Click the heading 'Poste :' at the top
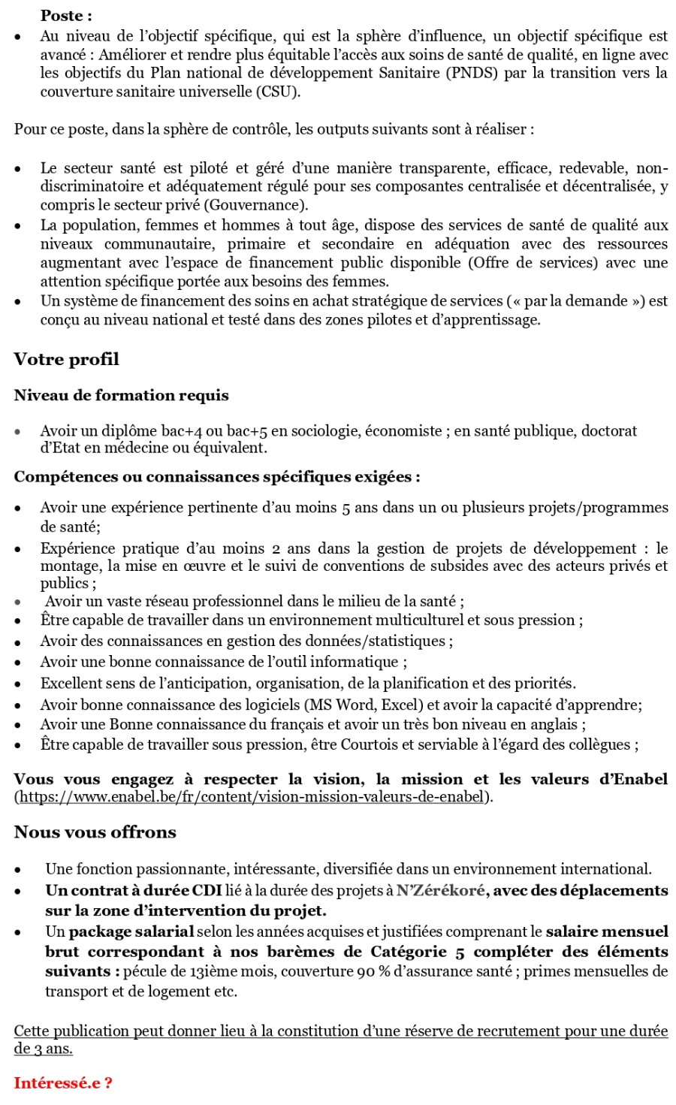tap(67, 15)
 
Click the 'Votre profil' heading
tap(66, 359)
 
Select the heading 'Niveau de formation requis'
tap(121, 395)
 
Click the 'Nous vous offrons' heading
tap(95, 832)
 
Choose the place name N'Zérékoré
tap(441, 891)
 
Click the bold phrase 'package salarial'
tap(131, 931)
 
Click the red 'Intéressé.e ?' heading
tap(63, 1083)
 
